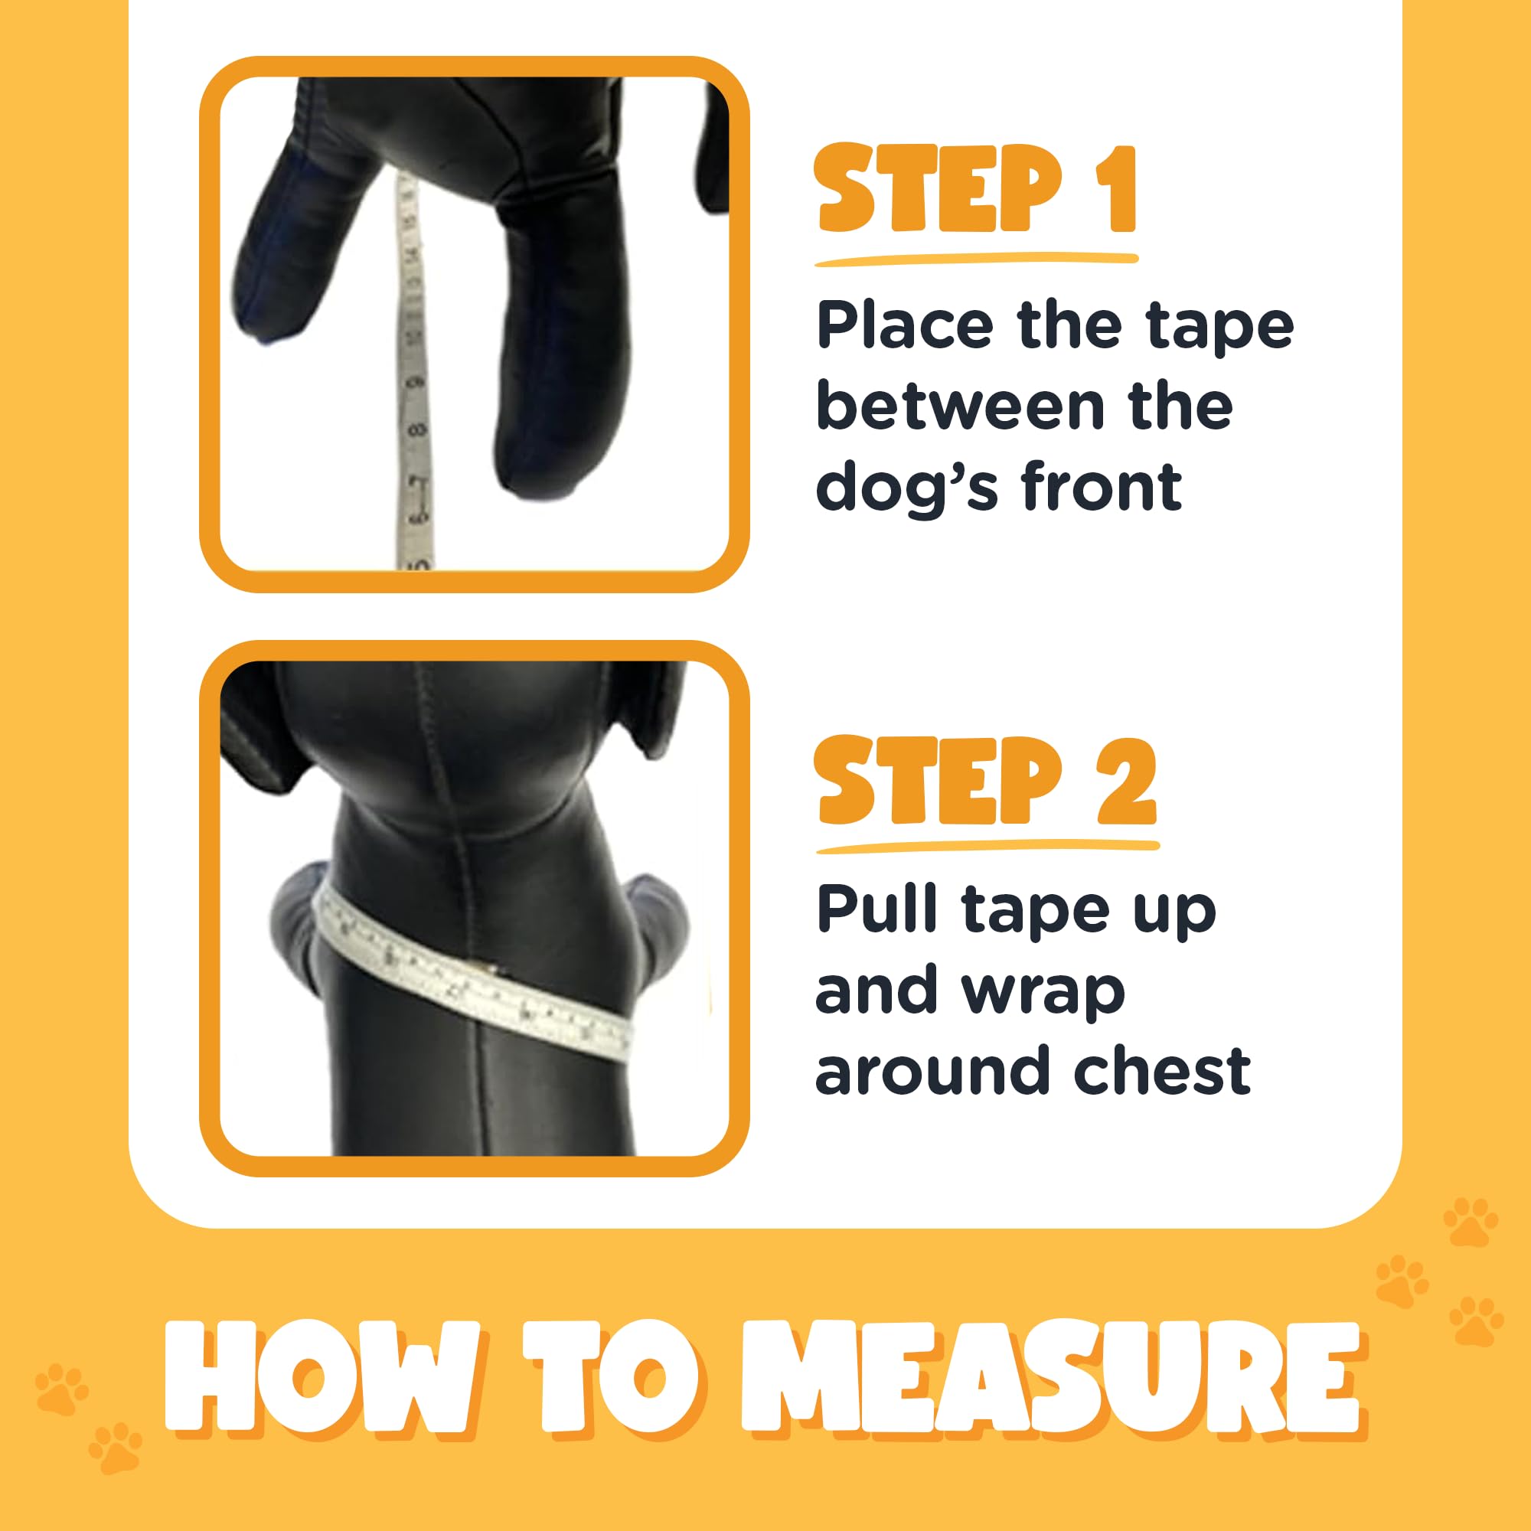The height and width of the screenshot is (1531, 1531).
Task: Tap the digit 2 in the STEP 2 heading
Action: click(x=1126, y=782)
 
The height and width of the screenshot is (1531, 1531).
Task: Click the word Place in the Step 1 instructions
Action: click(x=904, y=325)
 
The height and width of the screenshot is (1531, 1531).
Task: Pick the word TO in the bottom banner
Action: click(x=611, y=1379)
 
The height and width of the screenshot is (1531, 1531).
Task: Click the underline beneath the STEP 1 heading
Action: click(x=975, y=260)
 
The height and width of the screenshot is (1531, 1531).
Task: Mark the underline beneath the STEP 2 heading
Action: click(x=987, y=848)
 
